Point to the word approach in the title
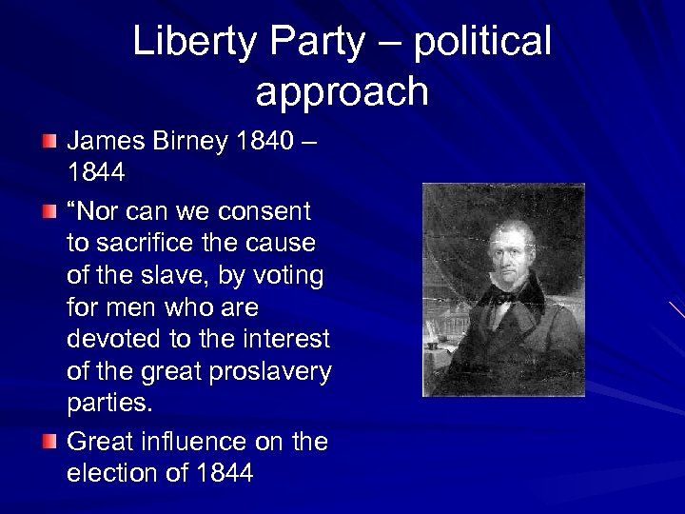pos(342,91)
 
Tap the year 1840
pos(268,143)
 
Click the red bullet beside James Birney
pos(49,143)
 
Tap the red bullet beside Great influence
pos(49,442)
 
